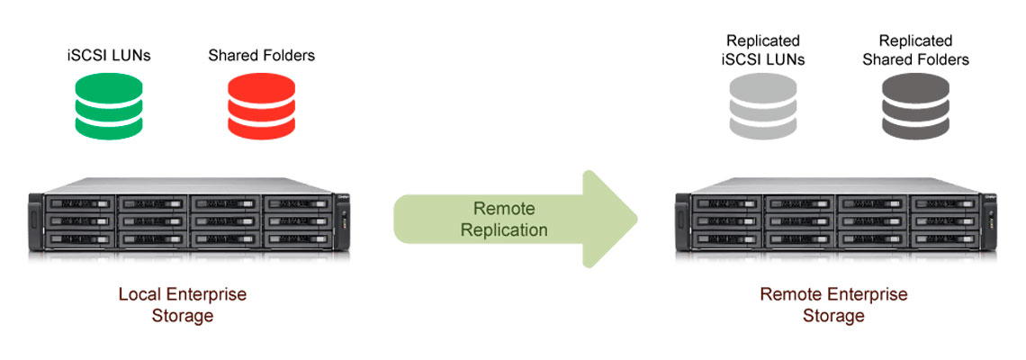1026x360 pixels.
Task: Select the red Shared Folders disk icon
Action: (261, 106)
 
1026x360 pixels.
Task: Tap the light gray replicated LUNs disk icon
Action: (764, 106)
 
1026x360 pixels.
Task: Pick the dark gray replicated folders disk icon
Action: (915, 106)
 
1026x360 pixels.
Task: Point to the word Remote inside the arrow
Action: (504, 207)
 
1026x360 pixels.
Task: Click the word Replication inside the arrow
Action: (504, 229)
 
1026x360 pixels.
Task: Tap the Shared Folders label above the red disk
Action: (262, 56)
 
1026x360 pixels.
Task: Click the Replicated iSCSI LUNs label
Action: (764, 50)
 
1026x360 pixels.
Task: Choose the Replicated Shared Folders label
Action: (915, 50)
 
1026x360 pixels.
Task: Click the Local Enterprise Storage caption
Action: (183, 304)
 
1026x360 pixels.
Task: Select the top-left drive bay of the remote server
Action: (724, 203)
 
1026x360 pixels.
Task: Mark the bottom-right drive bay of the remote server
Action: (940, 239)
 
